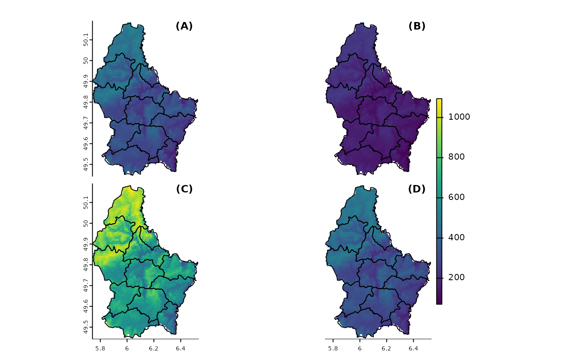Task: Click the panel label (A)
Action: tap(184, 26)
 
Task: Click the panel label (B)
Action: tap(417, 26)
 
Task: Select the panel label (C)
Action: tap(184, 189)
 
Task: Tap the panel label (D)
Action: tap(417, 189)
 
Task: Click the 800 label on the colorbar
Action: tap(456, 157)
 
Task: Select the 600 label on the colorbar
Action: tap(456, 197)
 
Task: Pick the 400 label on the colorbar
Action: tap(456, 238)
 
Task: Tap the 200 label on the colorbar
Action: tap(456, 278)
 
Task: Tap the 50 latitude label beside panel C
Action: tap(86, 224)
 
